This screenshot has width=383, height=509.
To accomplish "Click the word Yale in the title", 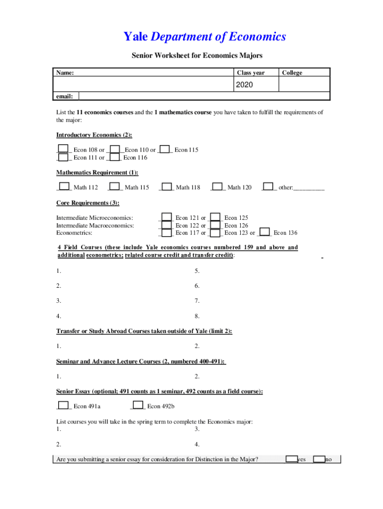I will click(135, 37).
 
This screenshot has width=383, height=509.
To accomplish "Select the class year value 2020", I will click(244, 85).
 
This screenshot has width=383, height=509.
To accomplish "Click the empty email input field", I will click(203, 96).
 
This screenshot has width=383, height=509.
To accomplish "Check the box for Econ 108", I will click(63, 149).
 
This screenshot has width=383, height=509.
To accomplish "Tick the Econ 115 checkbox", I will click(166, 149).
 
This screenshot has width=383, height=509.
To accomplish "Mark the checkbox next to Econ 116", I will click(114, 157).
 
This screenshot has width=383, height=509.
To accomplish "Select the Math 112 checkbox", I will click(63, 186).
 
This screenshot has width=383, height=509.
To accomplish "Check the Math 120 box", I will click(216, 186).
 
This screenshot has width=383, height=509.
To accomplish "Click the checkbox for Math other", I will click(268, 186).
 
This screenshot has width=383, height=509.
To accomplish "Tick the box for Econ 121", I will click(167, 217).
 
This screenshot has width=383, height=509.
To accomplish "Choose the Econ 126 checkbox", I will click(215, 225).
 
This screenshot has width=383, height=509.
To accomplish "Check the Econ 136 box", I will click(265, 232).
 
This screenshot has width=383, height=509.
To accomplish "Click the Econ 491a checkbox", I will click(63, 405).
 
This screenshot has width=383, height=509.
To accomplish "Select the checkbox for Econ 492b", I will click(138, 405).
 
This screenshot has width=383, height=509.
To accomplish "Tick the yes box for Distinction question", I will click(291, 459).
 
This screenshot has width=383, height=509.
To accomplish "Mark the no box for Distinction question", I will click(319, 459).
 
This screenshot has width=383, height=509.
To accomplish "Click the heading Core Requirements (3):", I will click(88, 203).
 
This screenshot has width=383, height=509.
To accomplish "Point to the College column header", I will click(292, 73).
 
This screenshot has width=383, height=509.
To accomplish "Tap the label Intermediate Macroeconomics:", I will click(95, 225).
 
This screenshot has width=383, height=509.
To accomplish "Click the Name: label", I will click(65, 73).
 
